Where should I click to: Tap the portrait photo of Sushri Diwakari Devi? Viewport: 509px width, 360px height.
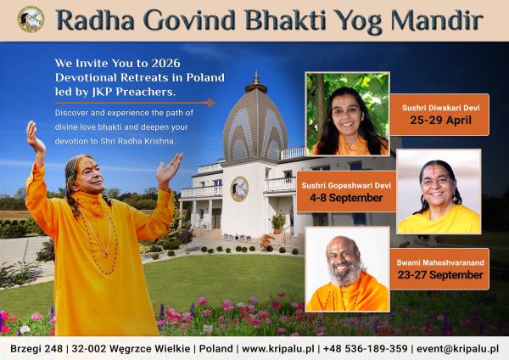tap(347, 114)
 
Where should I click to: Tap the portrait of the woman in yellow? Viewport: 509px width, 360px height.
tap(439, 192)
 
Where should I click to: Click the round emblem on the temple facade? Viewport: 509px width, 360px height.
tap(239, 188)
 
